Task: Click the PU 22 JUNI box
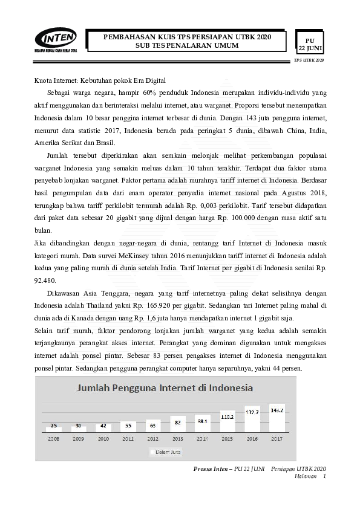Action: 310,43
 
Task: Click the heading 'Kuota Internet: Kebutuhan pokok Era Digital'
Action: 99,80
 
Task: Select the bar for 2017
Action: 277,417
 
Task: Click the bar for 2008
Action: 54,428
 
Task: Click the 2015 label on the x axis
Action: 227,438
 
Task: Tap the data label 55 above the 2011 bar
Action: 128,426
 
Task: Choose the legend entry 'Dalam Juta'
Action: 166,452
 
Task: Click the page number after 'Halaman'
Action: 325,477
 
